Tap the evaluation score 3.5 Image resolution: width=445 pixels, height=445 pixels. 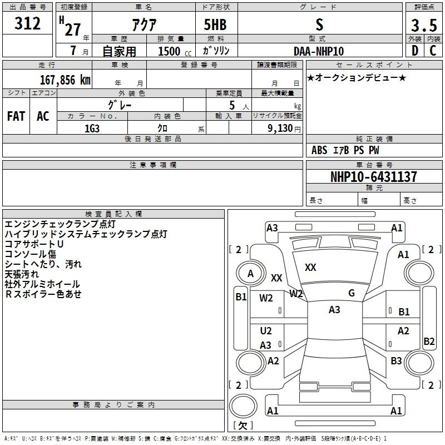(x=422, y=24)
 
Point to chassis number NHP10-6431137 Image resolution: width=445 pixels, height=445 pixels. (x=373, y=177)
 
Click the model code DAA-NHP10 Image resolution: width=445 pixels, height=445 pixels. (x=319, y=51)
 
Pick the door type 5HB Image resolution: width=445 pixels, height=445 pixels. (x=215, y=24)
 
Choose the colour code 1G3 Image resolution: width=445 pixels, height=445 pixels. (x=92, y=128)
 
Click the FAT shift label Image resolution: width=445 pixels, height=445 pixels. (x=16, y=116)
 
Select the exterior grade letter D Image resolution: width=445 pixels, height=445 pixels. (x=414, y=51)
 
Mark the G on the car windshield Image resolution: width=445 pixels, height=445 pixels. (x=352, y=293)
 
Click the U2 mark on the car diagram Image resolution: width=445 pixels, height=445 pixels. (x=266, y=332)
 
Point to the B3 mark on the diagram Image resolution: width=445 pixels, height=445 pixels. (x=396, y=361)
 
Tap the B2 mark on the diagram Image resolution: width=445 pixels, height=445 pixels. (x=429, y=342)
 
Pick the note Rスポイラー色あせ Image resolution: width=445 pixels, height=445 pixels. (x=43, y=294)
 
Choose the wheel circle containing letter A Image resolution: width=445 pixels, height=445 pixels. (x=250, y=274)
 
